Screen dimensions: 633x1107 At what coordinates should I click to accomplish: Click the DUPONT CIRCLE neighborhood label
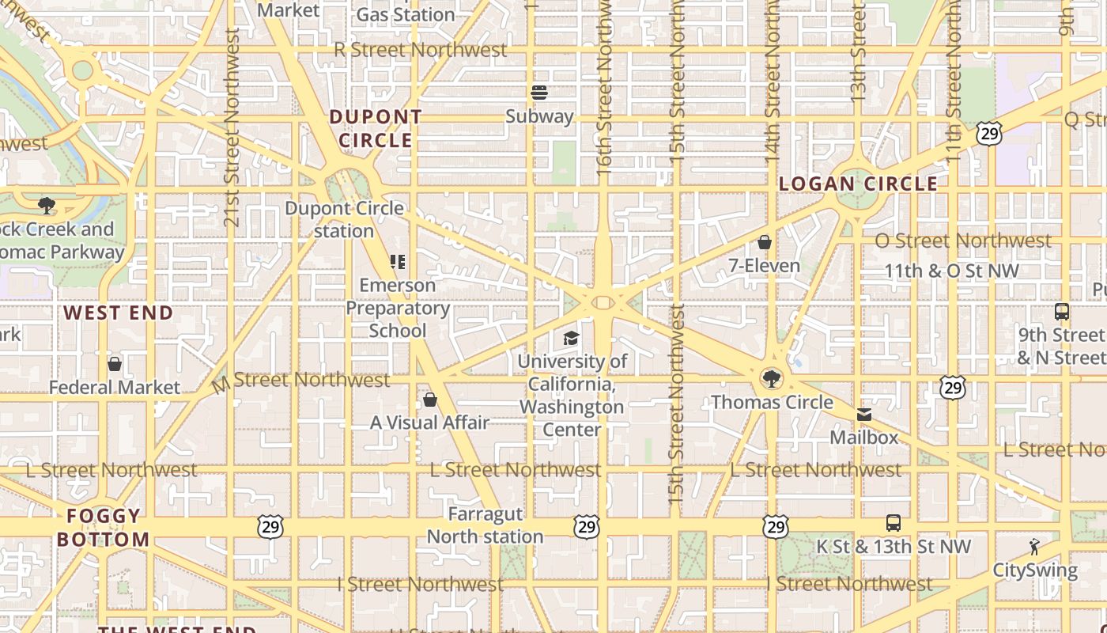(x=376, y=129)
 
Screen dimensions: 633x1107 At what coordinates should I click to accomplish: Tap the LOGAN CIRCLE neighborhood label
(x=858, y=184)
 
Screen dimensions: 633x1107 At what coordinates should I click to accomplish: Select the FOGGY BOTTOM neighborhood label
(x=104, y=528)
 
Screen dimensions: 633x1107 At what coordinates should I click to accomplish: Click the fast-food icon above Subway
(x=539, y=93)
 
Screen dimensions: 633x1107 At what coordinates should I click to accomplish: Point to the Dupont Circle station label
(x=344, y=220)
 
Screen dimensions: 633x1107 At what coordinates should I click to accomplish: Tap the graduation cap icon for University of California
(x=571, y=339)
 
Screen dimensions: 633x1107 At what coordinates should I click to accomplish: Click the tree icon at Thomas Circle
(x=771, y=378)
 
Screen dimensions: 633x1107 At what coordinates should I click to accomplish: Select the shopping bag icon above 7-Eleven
(x=765, y=241)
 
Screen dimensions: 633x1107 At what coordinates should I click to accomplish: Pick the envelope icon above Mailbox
(x=864, y=415)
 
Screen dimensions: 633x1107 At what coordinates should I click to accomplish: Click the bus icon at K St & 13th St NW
(x=893, y=523)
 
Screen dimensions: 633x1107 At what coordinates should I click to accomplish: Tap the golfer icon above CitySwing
(x=1034, y=547)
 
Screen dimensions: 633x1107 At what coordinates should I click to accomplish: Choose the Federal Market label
(x=115, y=388)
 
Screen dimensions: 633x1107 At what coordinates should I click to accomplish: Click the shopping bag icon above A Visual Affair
(x=430, y=400)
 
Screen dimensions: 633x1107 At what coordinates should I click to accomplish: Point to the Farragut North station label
(x=485, y=525)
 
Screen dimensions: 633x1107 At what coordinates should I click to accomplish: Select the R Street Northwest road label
(x=420, y=50)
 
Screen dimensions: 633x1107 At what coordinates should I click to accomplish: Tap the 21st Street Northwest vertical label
(x=231, y=127)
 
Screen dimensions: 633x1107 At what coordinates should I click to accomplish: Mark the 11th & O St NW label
(x=951, y=271)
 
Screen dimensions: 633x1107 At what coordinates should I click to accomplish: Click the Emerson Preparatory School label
(x=398, y=308)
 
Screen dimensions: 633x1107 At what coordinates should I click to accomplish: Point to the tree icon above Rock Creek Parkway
(x=47, y=206)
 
